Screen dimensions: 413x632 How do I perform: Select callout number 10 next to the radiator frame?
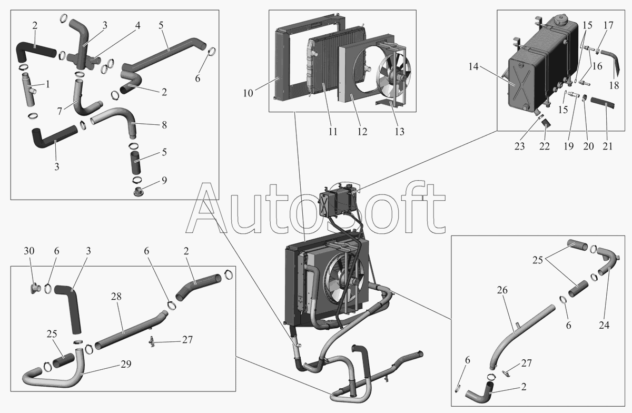[248, 93]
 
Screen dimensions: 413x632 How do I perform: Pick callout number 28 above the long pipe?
[115, 297]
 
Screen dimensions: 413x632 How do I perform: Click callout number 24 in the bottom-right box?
[604, 325]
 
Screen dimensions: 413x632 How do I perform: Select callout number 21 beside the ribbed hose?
[607, 146]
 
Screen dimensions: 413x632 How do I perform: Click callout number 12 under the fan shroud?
[362, 132]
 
